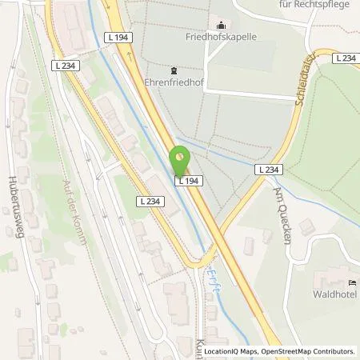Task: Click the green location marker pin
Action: click(x=182, y=158)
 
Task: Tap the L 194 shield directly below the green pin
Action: click(x=186, y=181)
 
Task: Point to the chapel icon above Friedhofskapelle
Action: click(x=220, y=26)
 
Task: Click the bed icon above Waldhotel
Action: click(x=353, y=283)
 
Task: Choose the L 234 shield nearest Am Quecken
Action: click(x=268, y=170)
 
